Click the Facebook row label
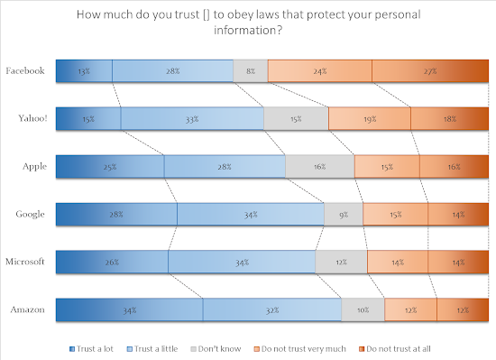tap(25, 70)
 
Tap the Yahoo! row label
tap(32, 118)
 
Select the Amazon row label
tap(28, 309)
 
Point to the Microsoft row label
tap(25, 262)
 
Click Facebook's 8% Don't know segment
tap(250, 71)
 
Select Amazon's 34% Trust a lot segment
tap(129, 309)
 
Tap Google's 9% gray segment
tap(344, 214)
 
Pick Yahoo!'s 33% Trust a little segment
tap(192, 118)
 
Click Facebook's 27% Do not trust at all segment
tap(430, 71)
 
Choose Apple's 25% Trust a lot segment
tap(110, 166)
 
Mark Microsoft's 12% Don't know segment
tap(341, 262)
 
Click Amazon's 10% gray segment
tap(363, 309)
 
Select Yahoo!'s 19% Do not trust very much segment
tap(370, 118)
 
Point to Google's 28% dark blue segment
tap(116, 214)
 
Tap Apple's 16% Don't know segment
tap(320, 166)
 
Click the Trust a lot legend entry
tap(91, 348)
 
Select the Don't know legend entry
tap(216, 348)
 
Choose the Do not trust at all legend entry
tap(395, 348)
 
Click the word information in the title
tap(248, 31)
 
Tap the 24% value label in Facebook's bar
tap(320, 71)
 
